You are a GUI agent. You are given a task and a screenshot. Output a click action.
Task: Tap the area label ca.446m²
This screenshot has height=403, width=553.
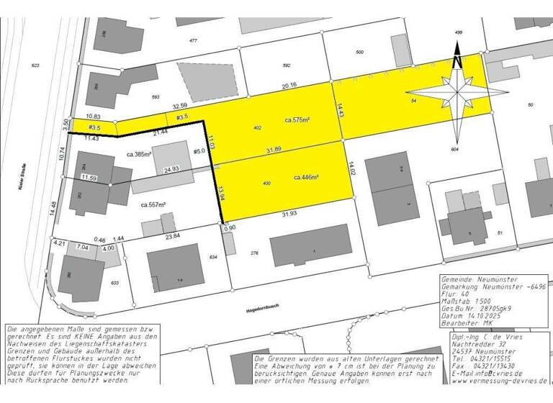coord(306,176)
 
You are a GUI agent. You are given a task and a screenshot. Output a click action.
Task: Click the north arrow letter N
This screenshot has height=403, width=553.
coord(457,61)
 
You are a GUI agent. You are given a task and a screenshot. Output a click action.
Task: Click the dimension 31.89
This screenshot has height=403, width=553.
coord(274,150)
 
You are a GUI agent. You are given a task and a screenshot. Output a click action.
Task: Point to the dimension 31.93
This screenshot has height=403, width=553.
coord(290,214)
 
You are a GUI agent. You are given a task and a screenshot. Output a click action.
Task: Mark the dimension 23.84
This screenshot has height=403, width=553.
coord(174,235)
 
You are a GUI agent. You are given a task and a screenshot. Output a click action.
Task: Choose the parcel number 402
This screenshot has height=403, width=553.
coord(257,127)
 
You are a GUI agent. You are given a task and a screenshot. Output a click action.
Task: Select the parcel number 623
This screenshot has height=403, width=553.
coord(35,65)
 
